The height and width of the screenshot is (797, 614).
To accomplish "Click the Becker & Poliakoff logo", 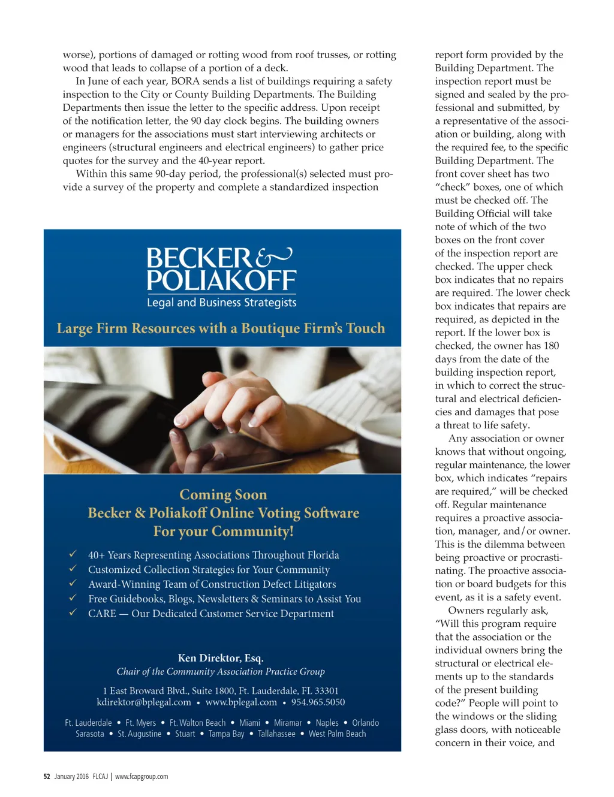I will point(221,270).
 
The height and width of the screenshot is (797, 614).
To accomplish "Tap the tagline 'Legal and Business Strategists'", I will point(221,303).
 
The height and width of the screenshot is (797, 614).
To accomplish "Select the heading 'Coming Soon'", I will point(223,495).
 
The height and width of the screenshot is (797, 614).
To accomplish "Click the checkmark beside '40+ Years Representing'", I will point(73,554).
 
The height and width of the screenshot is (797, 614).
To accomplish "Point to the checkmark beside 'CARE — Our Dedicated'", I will point(73,612).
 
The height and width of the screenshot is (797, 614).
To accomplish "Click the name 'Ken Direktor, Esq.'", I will point(221,658).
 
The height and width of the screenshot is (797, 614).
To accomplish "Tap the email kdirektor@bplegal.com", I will point(144,702).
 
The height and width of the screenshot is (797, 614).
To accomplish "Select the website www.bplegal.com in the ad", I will point(241,702).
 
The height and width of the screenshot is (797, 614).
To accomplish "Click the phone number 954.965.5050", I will point(318,702).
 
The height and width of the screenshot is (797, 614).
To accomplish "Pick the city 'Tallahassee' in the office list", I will point(276,734).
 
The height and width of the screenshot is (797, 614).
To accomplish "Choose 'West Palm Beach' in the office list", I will point(337,734).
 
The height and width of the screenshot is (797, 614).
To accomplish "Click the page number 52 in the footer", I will point(47,777).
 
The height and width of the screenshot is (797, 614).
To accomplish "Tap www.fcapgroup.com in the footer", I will point(142,777).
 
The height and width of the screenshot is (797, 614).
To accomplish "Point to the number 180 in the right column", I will point(551,346).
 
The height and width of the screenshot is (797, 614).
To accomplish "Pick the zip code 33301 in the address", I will point(326,691).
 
